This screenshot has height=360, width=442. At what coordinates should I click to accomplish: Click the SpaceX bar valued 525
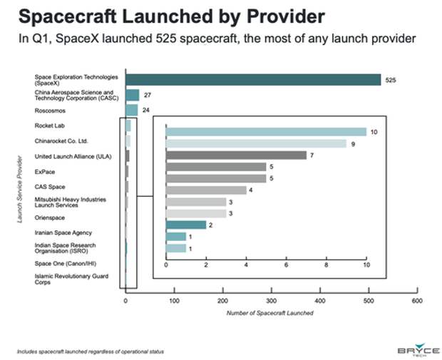(253, 79)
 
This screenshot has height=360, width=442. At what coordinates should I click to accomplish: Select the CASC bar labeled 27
(132, 95)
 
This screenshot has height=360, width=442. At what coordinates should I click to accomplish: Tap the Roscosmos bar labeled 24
(131, 110)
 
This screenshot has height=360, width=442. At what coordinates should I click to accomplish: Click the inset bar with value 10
(265, 131)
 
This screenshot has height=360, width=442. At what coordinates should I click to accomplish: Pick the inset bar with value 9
(255, 143)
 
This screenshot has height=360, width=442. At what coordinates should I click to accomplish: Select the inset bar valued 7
(235, 155)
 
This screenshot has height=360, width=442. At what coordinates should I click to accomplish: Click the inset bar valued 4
(205, 190)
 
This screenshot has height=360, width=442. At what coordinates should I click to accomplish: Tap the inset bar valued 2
(185, 225)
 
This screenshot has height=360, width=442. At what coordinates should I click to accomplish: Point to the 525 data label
(390, 80)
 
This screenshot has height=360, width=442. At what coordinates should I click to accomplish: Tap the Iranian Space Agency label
(63, 232)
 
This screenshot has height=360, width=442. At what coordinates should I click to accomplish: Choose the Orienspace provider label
(50, 218)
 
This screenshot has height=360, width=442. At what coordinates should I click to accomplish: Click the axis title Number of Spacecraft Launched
(269, 313)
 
